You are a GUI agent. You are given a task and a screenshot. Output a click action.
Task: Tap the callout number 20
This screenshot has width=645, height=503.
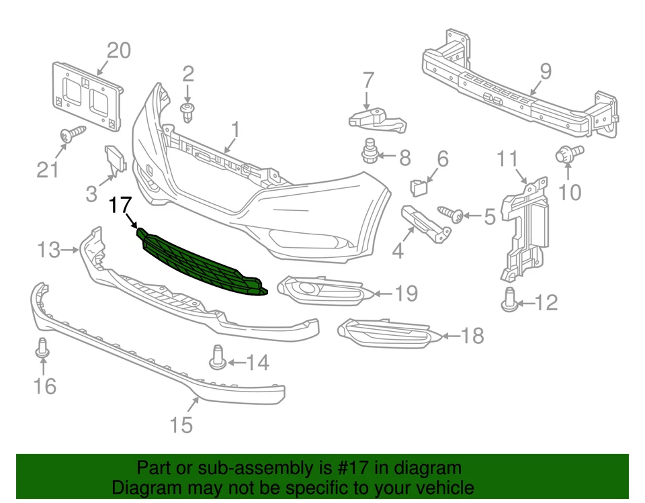pos(119,50)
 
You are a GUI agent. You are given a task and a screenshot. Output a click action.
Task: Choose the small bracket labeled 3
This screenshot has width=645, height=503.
pos(115,160)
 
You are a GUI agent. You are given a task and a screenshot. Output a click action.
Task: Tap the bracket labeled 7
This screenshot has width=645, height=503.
pos(376,120)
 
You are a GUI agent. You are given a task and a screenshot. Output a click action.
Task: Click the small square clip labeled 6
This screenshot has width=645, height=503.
pos(418,185)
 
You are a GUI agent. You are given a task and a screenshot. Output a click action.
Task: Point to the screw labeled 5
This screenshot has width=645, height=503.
pos(451,215)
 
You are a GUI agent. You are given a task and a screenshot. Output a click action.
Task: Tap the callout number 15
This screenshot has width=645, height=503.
pos(181,424)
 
